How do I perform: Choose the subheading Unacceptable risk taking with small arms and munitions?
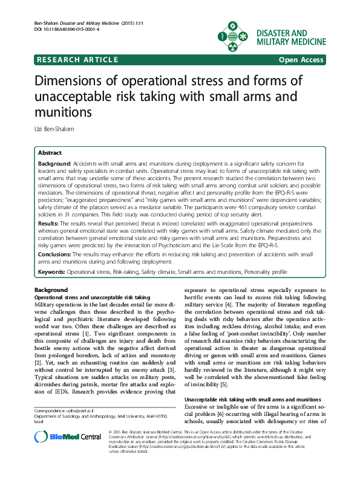click(x=252, y=400)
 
